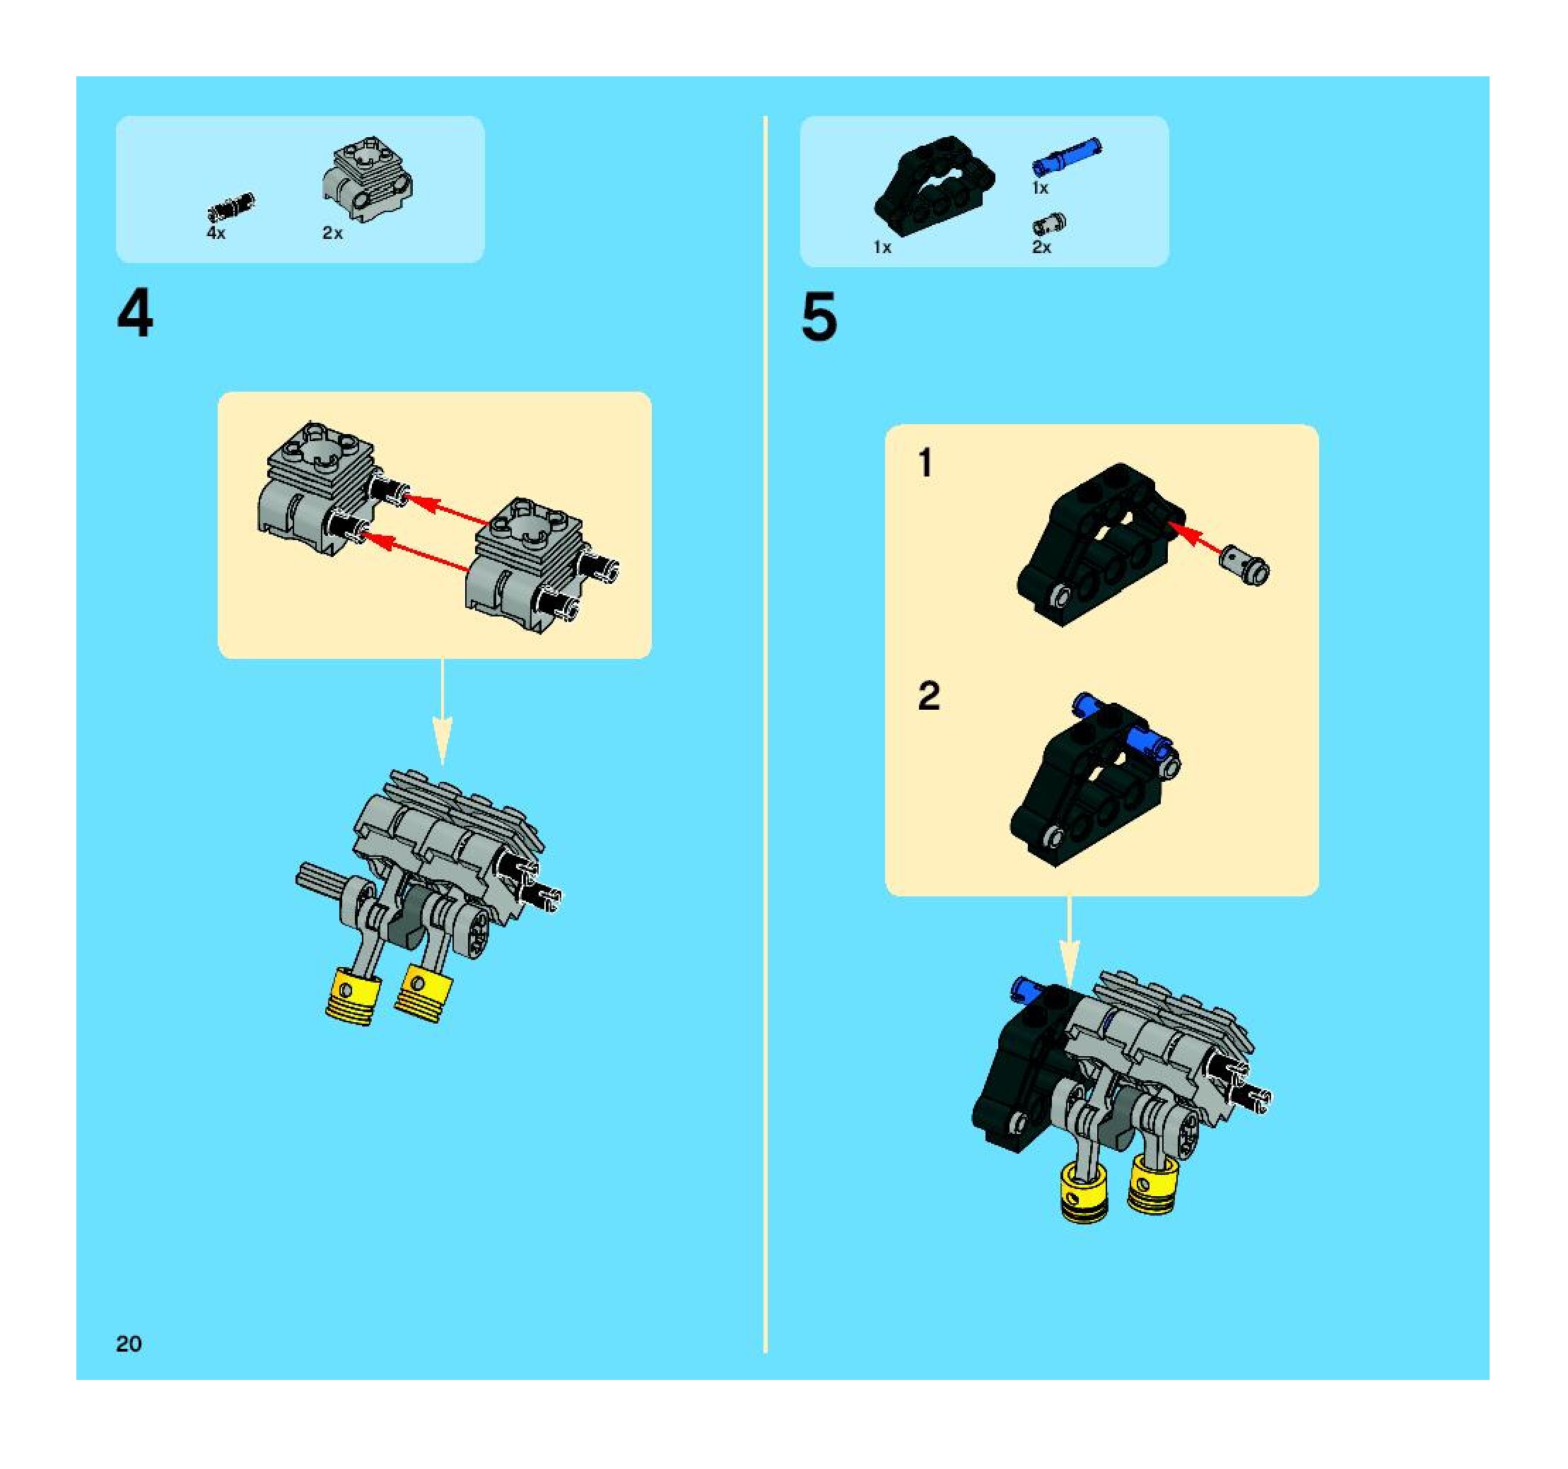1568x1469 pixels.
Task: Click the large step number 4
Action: (x=135, y=314)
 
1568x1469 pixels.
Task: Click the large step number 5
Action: (x=819, y=317)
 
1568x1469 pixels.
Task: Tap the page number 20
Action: (x=129, y=1344)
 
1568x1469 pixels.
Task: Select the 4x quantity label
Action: (x=216, y=233)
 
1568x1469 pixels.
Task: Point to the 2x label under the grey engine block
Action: (x=332, y=233)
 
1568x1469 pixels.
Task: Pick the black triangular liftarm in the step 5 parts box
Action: (x=934, y=182)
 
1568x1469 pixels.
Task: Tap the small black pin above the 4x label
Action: (x=231, y=206)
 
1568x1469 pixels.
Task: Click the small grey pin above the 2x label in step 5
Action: (x=1050, y=224)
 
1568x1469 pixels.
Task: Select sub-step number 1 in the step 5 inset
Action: (x=926, y=463)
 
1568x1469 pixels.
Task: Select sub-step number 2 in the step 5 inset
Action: (x=928, y=696)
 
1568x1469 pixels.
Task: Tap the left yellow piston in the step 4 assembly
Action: (x=353, y=997)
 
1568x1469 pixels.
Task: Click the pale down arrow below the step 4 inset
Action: (x=443, y=712)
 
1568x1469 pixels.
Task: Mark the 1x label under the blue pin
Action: (x=1041, y=189)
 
